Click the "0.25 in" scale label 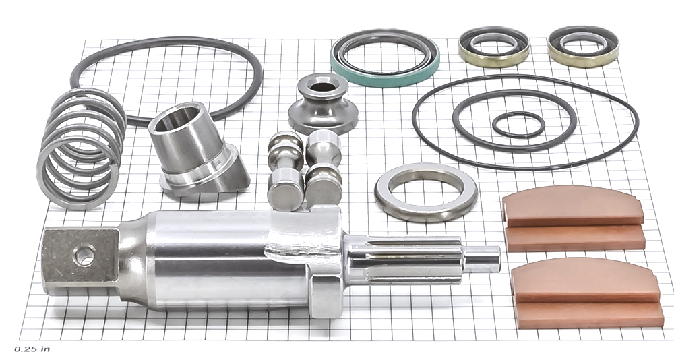(x=32, y=349)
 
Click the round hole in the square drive (x=84, y=257)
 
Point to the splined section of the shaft (x=404, y=259)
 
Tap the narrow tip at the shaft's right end (x=483, y=260)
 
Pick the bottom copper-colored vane (x=589, y=316)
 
